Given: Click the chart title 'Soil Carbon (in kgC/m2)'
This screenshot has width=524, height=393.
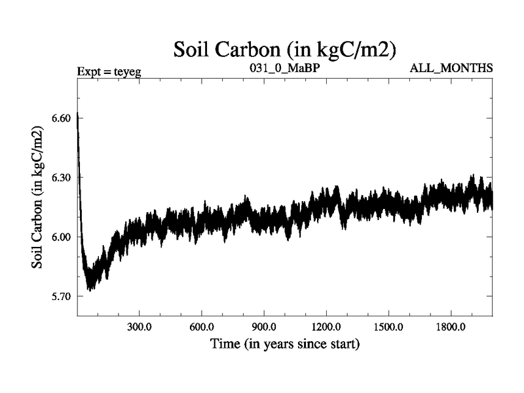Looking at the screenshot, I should click(285, 50).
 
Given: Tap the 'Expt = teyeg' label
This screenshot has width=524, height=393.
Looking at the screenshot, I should click(109, 69).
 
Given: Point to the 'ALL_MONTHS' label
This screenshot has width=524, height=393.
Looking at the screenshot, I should click(451, 68).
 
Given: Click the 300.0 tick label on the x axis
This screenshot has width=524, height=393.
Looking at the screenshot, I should click(140, 327).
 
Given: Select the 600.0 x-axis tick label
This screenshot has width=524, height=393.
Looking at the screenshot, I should click(202, 327).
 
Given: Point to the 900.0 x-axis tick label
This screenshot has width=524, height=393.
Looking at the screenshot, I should click(264, 327).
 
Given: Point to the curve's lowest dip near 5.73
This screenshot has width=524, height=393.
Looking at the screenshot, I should click(90, 288).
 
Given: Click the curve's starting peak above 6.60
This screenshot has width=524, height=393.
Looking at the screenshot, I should click(77, 115).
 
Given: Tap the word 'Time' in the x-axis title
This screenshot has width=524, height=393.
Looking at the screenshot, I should click(223, 343).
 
